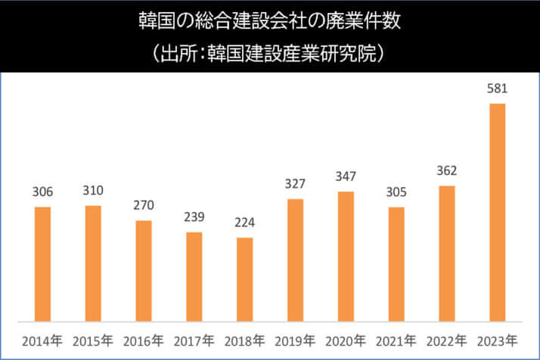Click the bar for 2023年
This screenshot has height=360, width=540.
[x=497, y=212]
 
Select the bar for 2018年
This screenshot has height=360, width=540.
[x=244, y=279]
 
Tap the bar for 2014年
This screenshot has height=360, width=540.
[x=42, y=263]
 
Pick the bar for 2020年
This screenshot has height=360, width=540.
[x=346, y=256]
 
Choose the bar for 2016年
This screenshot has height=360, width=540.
[x=144, y=270]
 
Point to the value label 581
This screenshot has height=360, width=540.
[x=497, y=88]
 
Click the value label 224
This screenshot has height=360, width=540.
[x=244, y=223]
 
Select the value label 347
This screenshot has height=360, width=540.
[x=346, y=176]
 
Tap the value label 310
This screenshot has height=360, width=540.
[x=93, y=190]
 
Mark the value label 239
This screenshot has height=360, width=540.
[x=194, y=217]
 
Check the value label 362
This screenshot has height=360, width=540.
[x=447, y=171]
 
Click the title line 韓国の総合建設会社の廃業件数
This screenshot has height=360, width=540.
[x=269, y=20]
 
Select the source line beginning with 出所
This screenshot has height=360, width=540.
[x=269, y=54]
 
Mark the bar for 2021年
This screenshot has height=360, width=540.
[x=396, y=263]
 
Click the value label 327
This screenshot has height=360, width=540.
[x=295, y=184]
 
